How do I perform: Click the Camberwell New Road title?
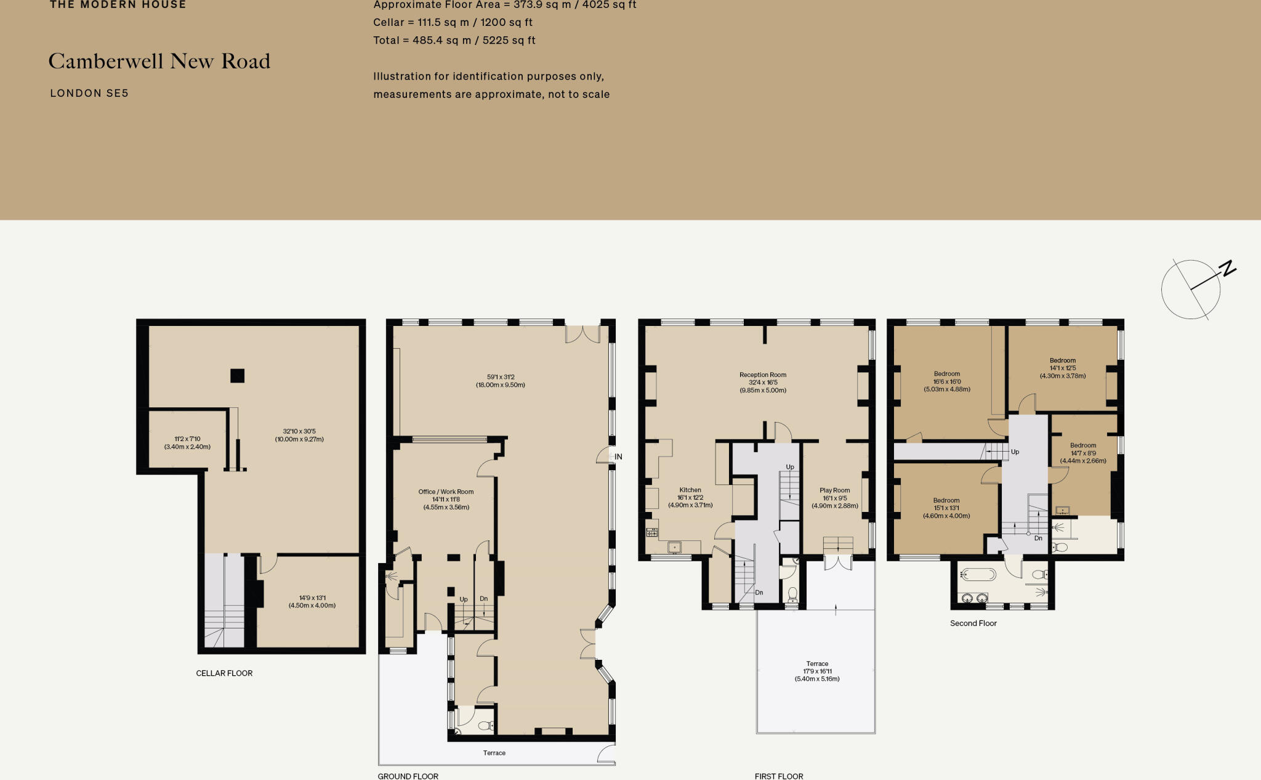(x=159, y=62)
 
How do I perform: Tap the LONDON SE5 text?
(x=89, y=94)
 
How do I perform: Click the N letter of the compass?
(x=1228, y=269)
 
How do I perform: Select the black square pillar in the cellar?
(x=237, y=375)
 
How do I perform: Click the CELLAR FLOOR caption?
(x=224, y=673)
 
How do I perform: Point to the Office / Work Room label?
(x=446, y=492)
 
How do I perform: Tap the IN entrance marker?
(x=618, y=457)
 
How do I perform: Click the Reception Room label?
(x=763, y=375)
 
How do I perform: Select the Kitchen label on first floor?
(x=690, y=490)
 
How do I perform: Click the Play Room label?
(x=834, y=490)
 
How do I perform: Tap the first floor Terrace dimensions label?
(x=817, y=672)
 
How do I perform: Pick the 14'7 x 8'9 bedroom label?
(x=1083, y=453)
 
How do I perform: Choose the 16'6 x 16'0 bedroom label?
(x=947, y=381)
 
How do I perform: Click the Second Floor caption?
(x=973, y=624)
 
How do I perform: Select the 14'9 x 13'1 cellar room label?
(x=312, y=601)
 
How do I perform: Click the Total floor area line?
(x=454, y=41)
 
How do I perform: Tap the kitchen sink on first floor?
(x=674, y=547)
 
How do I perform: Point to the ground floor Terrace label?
(x=494, y=753)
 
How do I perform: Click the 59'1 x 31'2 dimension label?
(x=500, y=381)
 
